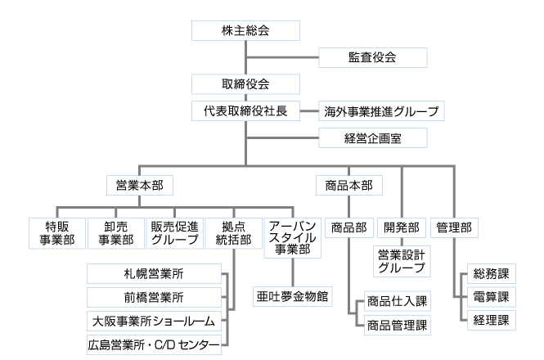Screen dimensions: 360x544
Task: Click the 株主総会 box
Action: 245,31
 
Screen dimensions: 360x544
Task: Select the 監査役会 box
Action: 372,57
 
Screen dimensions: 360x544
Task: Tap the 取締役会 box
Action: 245,84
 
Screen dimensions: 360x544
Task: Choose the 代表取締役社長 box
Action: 245,110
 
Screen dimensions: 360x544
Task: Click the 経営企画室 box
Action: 372,137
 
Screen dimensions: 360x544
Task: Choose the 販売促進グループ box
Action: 173,232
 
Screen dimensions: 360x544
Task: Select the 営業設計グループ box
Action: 401,260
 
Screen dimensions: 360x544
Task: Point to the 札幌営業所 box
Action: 154,272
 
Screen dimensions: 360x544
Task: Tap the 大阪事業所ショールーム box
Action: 154,321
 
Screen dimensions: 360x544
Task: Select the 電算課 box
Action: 491,296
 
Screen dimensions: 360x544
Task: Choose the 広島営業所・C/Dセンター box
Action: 154,345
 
